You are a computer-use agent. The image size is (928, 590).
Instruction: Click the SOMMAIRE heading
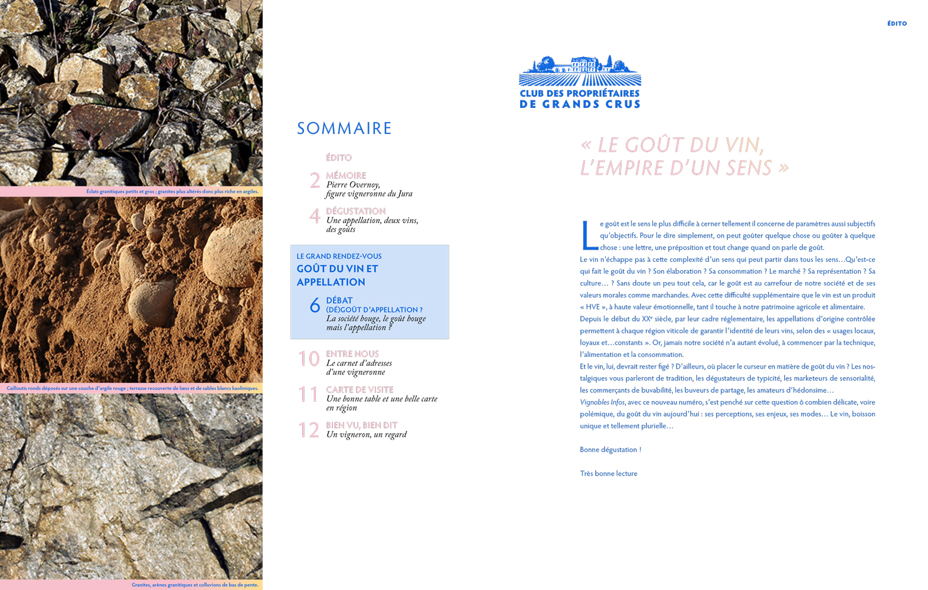click(x=344, y=128)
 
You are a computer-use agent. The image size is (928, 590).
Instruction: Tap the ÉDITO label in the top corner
click(x=897, y=24)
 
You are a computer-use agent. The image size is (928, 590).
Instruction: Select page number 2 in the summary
click(x=315, y=181)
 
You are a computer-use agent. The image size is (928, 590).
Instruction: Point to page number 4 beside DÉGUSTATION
click(x=315, y=217)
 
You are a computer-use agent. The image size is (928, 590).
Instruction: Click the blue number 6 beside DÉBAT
click(x=315, y=306)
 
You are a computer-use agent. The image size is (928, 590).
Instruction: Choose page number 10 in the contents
click(x=309, y=359)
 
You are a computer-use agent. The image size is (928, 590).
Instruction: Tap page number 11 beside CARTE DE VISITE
click(x=308, y=394)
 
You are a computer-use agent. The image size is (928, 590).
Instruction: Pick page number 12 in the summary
click(x=309, y=430)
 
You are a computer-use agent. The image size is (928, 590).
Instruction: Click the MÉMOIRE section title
click(x=346, y=175)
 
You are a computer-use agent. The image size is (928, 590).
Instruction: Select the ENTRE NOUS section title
click(x=352, y=354)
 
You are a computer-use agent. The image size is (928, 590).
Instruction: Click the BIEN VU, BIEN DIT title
click(x=361, y=425)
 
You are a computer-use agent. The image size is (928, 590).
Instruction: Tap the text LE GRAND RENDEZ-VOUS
click(x=339, y=256)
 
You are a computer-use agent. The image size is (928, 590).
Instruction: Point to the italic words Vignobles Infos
click(x=602, y=402)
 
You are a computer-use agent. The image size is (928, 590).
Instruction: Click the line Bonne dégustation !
click(x=610, y=450)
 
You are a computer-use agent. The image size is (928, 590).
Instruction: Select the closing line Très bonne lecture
click(x=609, y=473)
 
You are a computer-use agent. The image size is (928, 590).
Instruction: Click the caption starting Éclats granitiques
click(x=172, y=191)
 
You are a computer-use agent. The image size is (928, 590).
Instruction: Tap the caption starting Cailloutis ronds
click(x=132, y=388)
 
